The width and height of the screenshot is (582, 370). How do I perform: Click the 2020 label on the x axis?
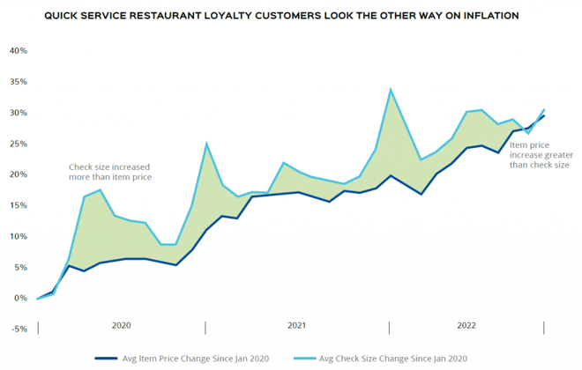point(122,325)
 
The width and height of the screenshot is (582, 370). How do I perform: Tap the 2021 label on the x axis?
point(297,325)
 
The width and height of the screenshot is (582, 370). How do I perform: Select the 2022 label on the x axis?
point(466,325)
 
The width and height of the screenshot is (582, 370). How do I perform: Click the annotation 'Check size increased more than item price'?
point(110,172)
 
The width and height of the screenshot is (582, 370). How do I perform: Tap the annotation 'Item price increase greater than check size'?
point(540,154)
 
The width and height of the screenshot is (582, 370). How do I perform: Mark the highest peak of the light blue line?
point(391,89)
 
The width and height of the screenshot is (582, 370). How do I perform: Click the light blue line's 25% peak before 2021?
point(206,144)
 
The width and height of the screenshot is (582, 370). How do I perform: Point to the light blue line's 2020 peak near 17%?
point(101,190)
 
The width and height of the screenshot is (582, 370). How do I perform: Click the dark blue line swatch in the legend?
point(107,358)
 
